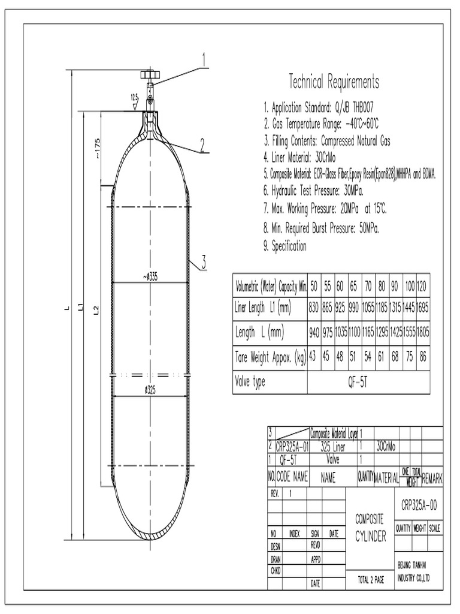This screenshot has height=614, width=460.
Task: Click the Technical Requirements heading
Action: pos(334,82)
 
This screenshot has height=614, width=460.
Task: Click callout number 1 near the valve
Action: pos(204,59)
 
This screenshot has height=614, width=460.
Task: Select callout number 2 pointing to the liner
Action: pos(203,144)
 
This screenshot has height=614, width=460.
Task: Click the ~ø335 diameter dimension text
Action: pos(150,276)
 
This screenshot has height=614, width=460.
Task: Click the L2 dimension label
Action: pos(96,309)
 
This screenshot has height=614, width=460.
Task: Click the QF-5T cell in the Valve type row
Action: pos(368,383)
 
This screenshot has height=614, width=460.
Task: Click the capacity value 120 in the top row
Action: pos(423,285)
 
